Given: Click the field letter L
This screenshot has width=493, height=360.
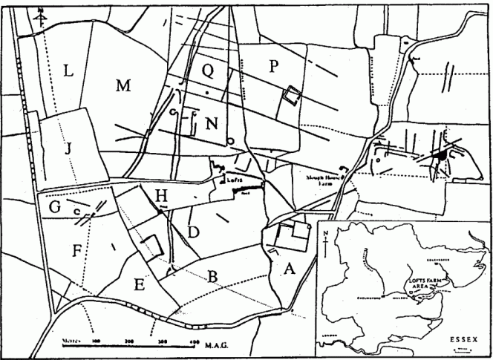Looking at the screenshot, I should click(68, 72).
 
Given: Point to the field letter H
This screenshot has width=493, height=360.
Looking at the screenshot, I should click(161, 195).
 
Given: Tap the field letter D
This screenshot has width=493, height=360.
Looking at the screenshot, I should click(192, 232).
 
